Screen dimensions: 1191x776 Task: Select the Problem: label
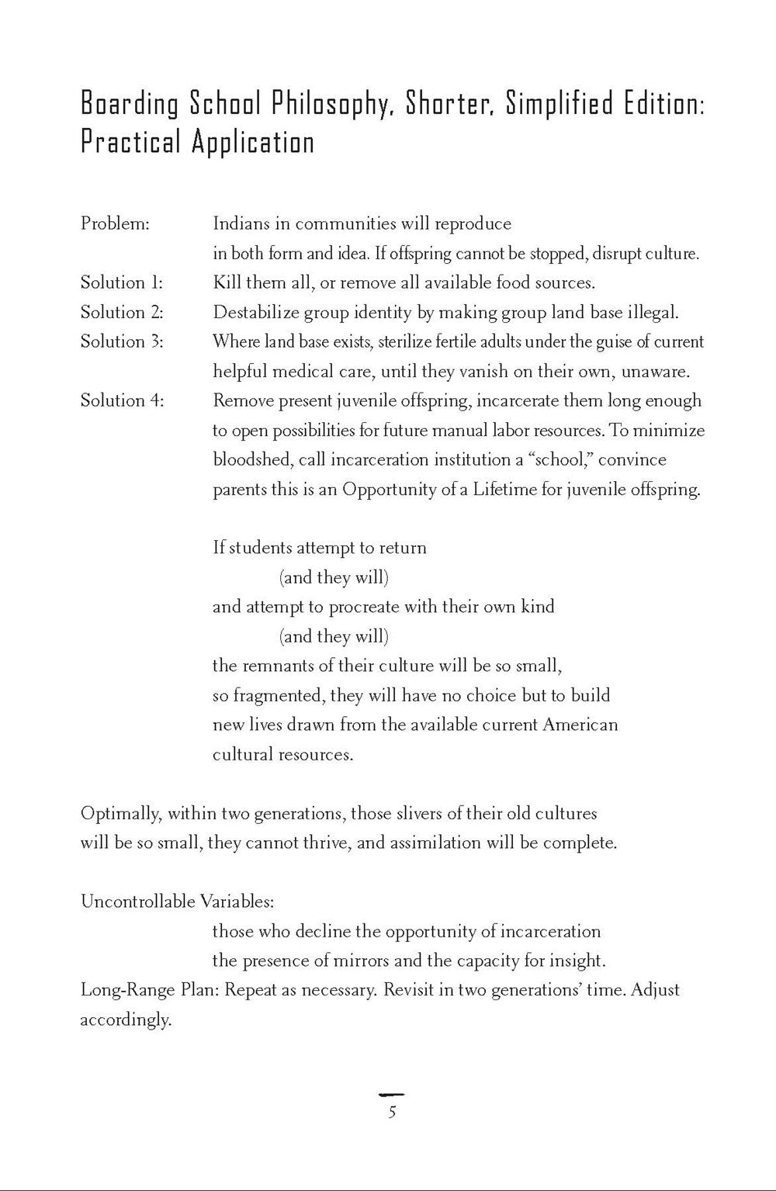click(x=115, y=224)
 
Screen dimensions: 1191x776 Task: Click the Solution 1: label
click(x=122, y=282)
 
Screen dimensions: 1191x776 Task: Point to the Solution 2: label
click(x=122, y=312)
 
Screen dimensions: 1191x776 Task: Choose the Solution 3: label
click(x=122, y=341)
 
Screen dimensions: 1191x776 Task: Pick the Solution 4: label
click(x=122, y=400)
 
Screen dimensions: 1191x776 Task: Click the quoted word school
click(x=560, y=459)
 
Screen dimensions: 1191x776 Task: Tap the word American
click(x=580, y=725)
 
